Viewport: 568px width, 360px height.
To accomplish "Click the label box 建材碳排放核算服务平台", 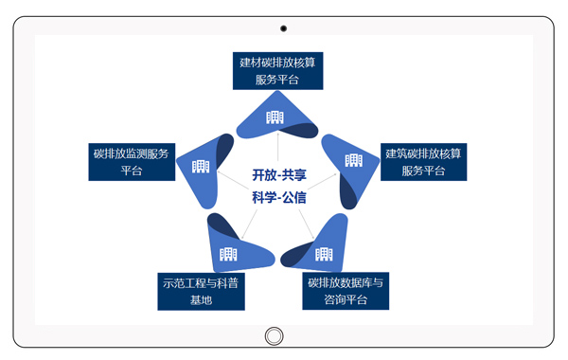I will [x=277, y=71].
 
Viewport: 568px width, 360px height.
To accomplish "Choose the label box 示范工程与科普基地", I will [x=202, y=291].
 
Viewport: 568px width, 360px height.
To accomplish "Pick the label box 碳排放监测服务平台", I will [x=132, y=161].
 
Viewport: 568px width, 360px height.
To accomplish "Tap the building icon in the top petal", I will [x=275, y=117].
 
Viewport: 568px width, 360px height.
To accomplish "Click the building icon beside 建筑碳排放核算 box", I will [x=353, y=160].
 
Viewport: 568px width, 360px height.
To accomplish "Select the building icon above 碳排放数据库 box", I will [x=324, y=254].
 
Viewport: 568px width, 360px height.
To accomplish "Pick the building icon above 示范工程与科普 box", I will [x=228, y=253].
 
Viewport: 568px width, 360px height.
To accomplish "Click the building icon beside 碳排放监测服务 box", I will [x=201, y=167].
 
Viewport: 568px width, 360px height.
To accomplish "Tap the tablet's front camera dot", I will [x=283, y=28].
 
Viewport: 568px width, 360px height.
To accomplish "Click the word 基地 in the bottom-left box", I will [x=202, y=300].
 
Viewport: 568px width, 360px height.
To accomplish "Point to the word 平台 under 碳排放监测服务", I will [x=132, y=171].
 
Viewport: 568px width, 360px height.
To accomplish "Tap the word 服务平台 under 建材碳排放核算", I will [x=277, y=81].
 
